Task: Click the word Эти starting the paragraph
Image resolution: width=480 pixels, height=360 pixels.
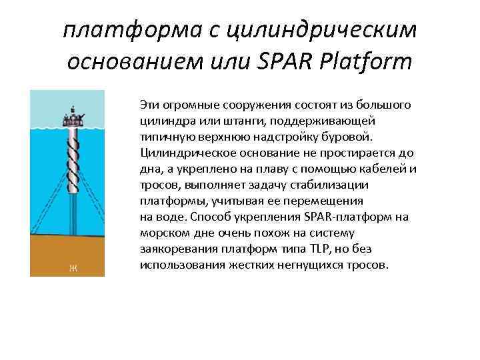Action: click(x=150, y=105)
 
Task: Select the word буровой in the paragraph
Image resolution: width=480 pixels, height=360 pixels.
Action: click(x=354, y=137)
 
